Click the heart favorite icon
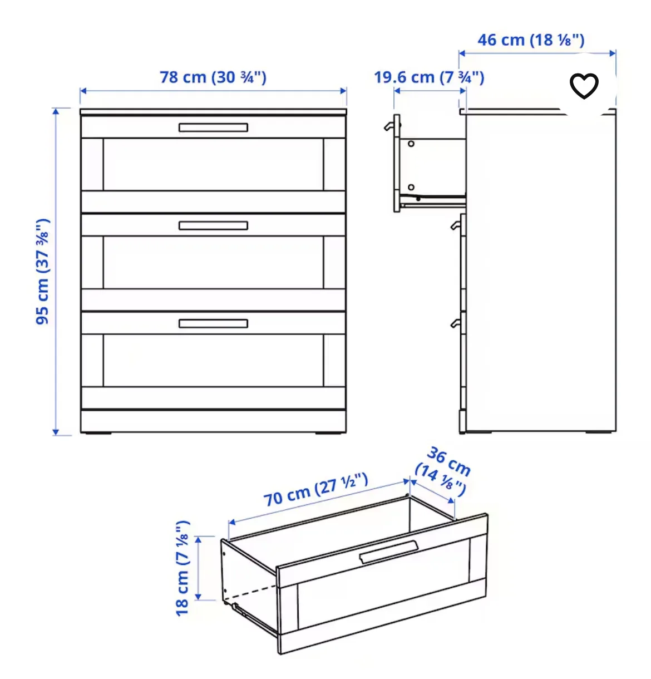tap(584, 86)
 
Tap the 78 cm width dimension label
tap(213, 77)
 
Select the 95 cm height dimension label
tap(43, 272)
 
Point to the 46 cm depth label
tap(531, 40)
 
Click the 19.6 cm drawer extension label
tap(428, 77)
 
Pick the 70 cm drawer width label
tap(315, 489)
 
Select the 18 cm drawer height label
tap(183, 568)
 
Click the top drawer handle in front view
tap(213, 127)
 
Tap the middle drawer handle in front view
tap(213, 225)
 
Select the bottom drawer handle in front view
tap(213, 323)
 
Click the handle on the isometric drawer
tap(388, 552)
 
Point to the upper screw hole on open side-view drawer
tap(411, 144)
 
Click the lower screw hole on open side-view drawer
tap(411, 187)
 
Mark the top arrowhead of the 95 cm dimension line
tap(56, 111)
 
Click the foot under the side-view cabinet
tap(598, 433)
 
